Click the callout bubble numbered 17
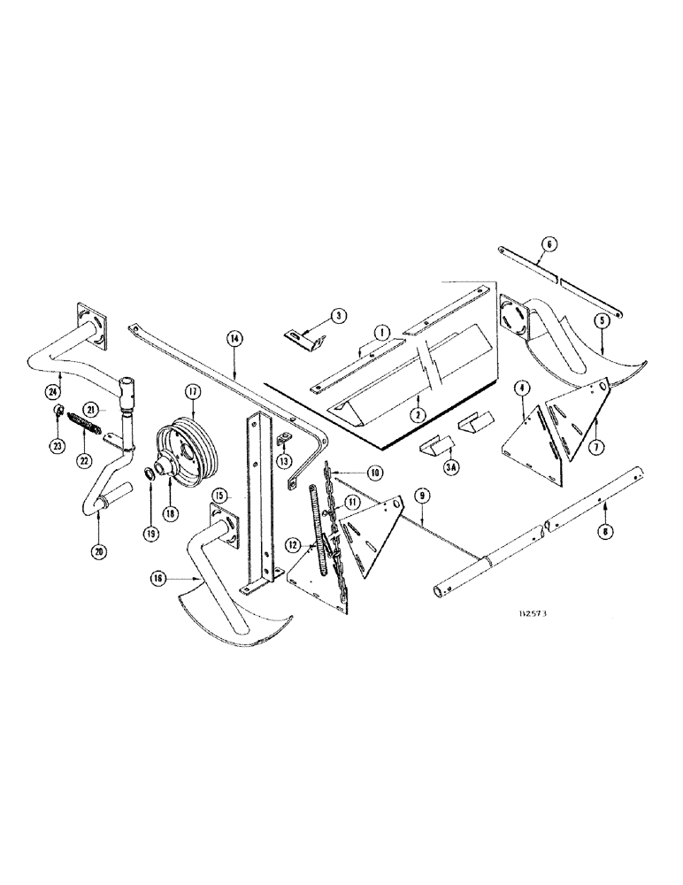click(x=189, y=391)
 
